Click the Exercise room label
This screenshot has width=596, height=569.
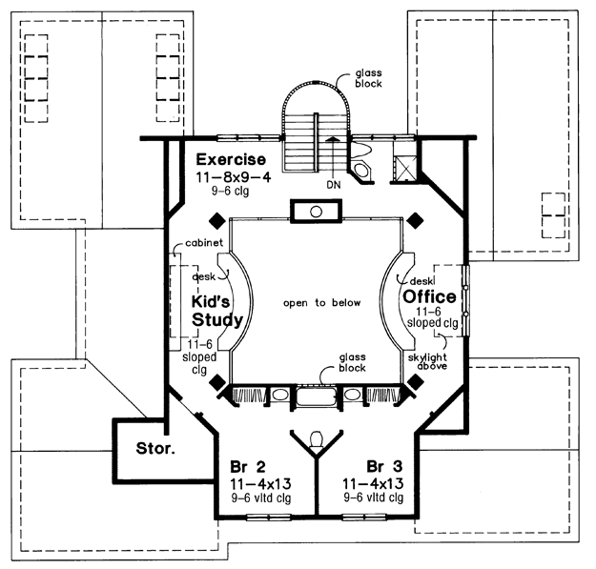[x=231, y=159]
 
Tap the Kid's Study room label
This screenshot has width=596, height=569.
[x=217, y=311]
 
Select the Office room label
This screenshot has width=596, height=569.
[x=429, y=296]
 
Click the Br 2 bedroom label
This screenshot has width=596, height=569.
[x=248, y=466]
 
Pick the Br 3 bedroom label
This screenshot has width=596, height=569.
[x=384, y=466]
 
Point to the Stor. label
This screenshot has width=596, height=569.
[x=155, y=449]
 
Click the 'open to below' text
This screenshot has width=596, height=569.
[x=321, y=303]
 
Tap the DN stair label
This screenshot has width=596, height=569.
[x=334, y=185]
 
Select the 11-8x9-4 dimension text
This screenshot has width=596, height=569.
[x=234, y=177]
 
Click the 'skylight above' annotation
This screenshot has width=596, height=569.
[x=427, y=361]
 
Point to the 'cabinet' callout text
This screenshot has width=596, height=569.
[x=204, y=242]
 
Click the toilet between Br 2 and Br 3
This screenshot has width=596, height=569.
[x=317, y=440]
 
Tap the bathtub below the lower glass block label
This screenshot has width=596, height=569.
[x=317, y=396]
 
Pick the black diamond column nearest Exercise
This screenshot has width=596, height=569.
[x=217, y=221]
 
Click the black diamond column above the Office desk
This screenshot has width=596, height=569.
[x=415, y=221]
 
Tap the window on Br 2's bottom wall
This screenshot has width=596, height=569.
[x=269, y=517]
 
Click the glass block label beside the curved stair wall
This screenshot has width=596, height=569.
[x=368, y=78]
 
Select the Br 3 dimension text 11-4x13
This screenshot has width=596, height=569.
[x=373, y=484]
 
